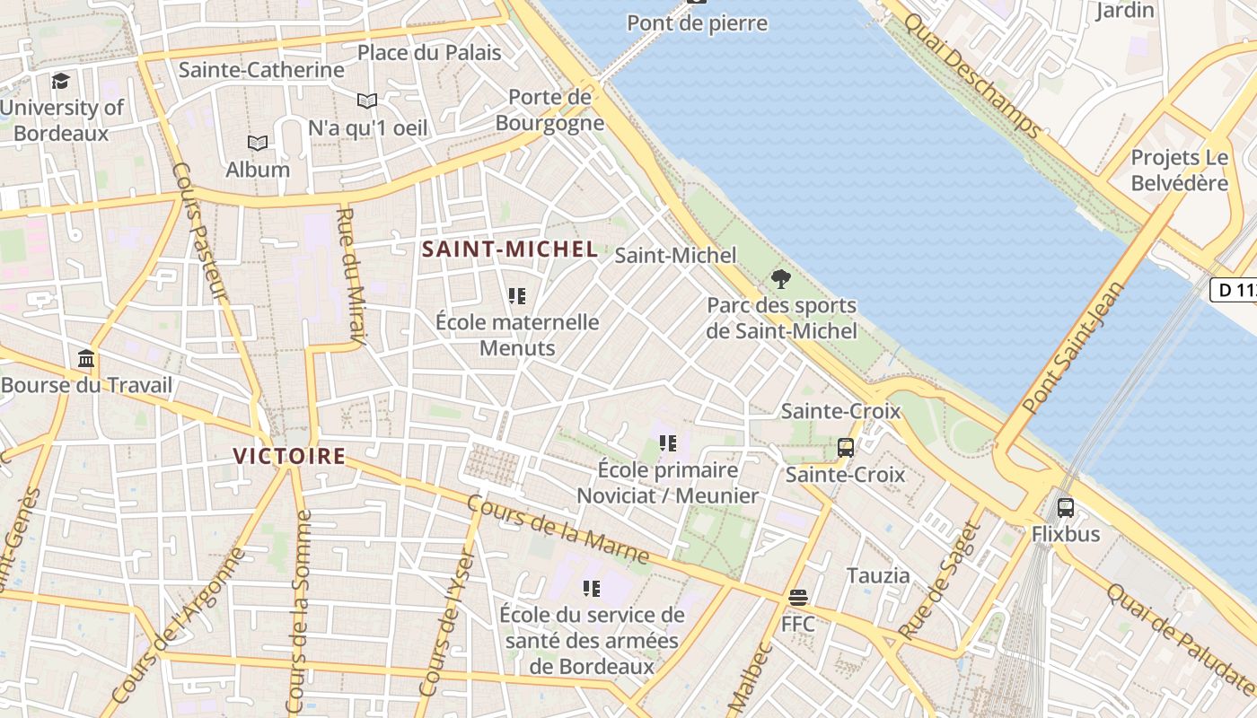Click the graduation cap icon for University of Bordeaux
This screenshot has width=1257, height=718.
60,81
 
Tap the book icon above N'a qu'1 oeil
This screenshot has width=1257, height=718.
366,101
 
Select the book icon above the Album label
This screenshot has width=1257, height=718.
258,143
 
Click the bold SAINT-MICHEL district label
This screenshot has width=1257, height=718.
510,250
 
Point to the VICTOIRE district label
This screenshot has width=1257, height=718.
289,456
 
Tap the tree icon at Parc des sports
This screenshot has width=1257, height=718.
781,279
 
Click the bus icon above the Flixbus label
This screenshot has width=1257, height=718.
1065,507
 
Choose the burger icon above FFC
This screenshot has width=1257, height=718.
797,597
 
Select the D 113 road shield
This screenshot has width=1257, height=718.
1234,290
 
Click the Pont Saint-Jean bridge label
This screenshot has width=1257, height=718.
1074,348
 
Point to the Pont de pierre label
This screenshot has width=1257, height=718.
698,23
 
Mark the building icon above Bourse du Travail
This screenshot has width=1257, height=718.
86,359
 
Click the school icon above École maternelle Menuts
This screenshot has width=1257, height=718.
516,295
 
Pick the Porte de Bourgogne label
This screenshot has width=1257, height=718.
549,109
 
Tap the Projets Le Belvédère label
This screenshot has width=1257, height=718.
1179,171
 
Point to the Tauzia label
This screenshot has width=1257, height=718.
877,575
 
